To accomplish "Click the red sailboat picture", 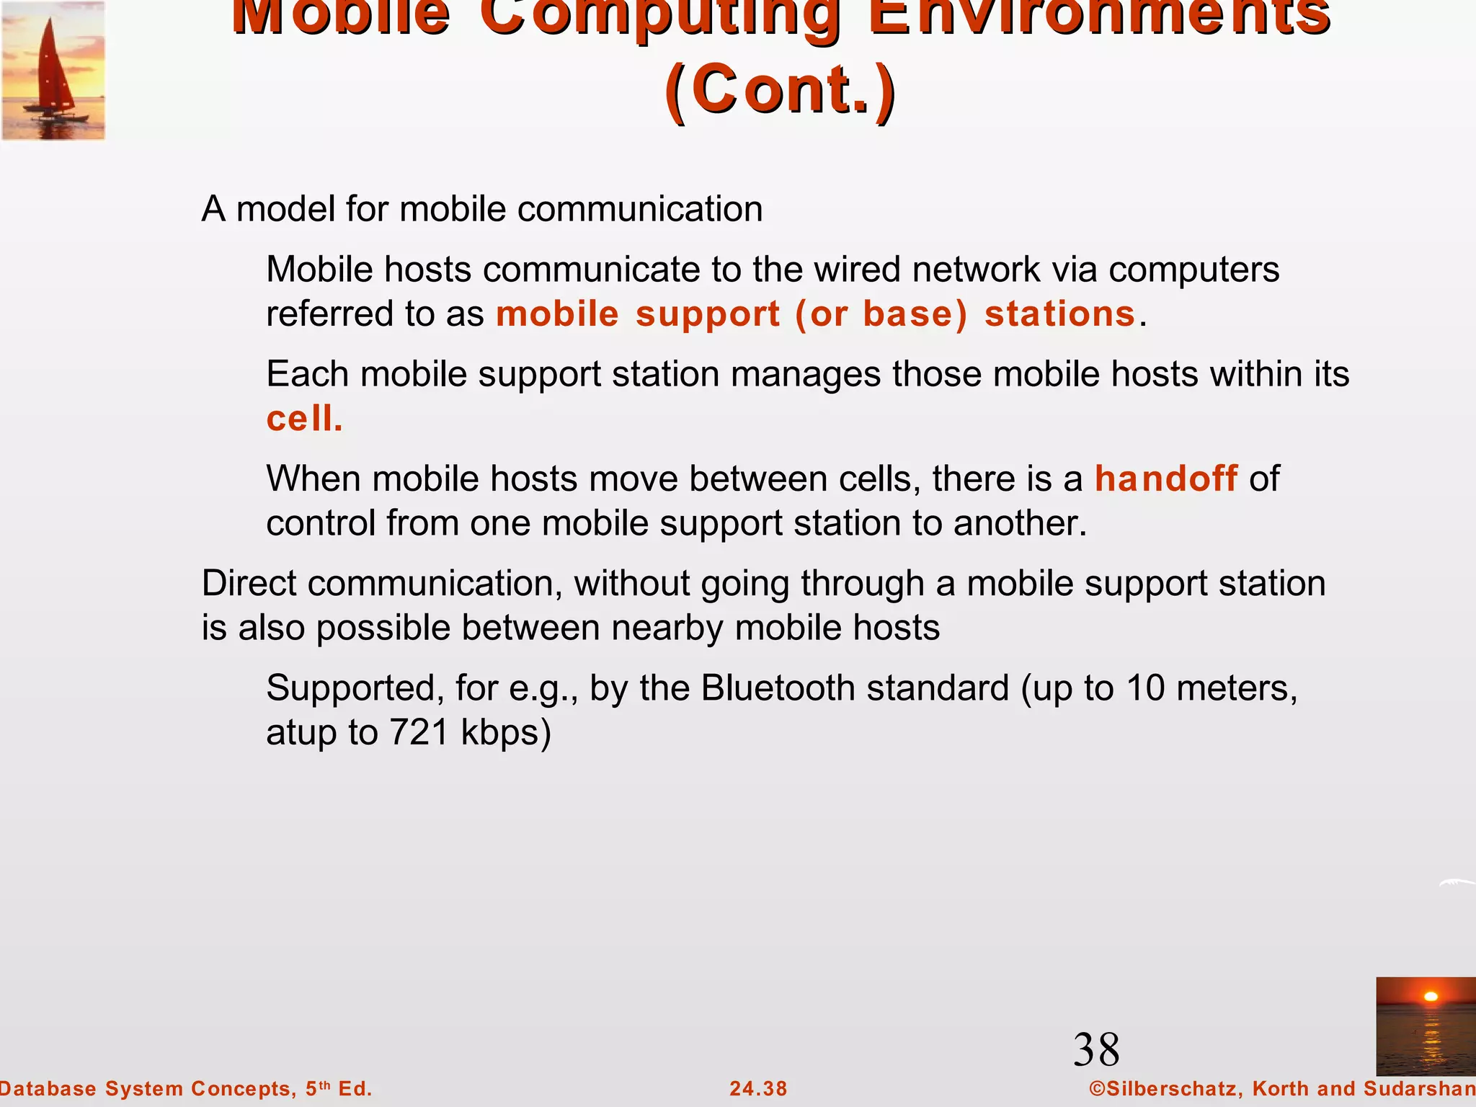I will click(x=53, y=71).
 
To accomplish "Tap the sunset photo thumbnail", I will click(x=1425, y=1026).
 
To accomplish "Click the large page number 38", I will click(x=1096, y=1049).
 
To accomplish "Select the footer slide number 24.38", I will click(x=758, y=1088).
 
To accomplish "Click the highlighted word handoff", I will click(x=1166, y=479).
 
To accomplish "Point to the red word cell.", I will click(x=303, y=419).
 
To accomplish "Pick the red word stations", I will click(x=1059, y=314).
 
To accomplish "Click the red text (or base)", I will click(x=881, y=314).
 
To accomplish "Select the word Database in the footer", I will click(x=48, y=1088).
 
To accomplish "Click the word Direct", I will click(x=249, y=583).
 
